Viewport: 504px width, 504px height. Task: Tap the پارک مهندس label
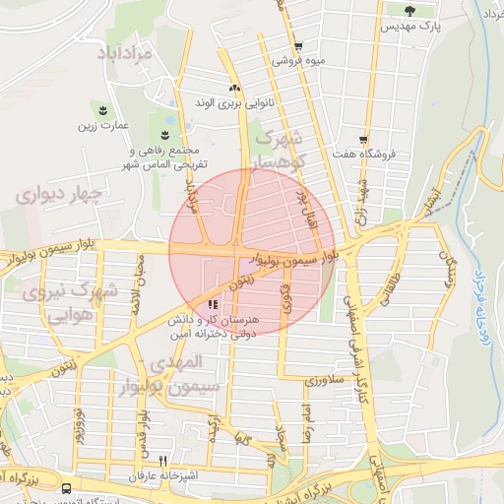point(411,27)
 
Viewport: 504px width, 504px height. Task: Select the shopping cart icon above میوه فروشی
point(297,46)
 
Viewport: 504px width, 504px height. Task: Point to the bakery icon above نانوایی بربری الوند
point(234,88)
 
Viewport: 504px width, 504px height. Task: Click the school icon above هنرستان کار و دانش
point(213,304)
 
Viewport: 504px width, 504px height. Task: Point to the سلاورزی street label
point(321,378)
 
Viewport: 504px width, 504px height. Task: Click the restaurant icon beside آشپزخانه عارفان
point(163,460)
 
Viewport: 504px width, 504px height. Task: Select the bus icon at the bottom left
point(66,488)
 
